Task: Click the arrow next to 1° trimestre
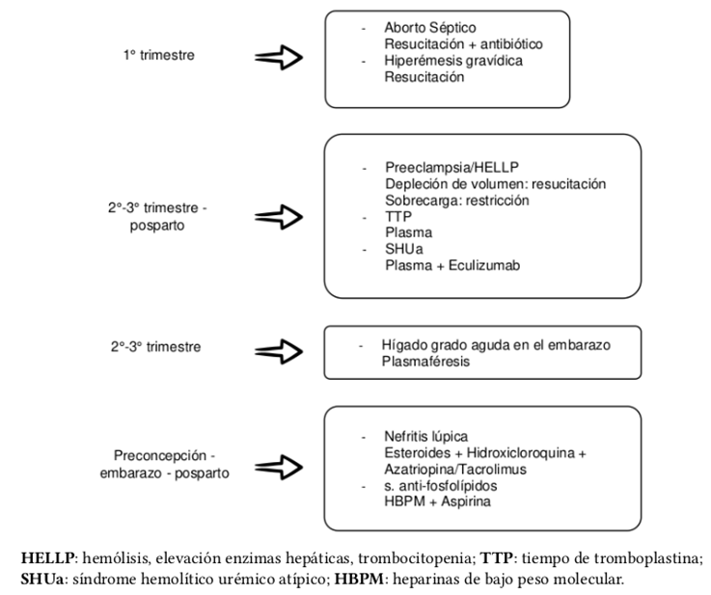click(x=280, y=59)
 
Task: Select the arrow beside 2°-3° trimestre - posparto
click(x=280, y=219)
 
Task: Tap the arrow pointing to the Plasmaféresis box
click(x=280, y=349)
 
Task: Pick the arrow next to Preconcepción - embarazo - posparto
click(x=280, y=466)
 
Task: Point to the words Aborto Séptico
click(x=429, y=28)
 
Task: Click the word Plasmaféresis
click(x=425, y=362)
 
